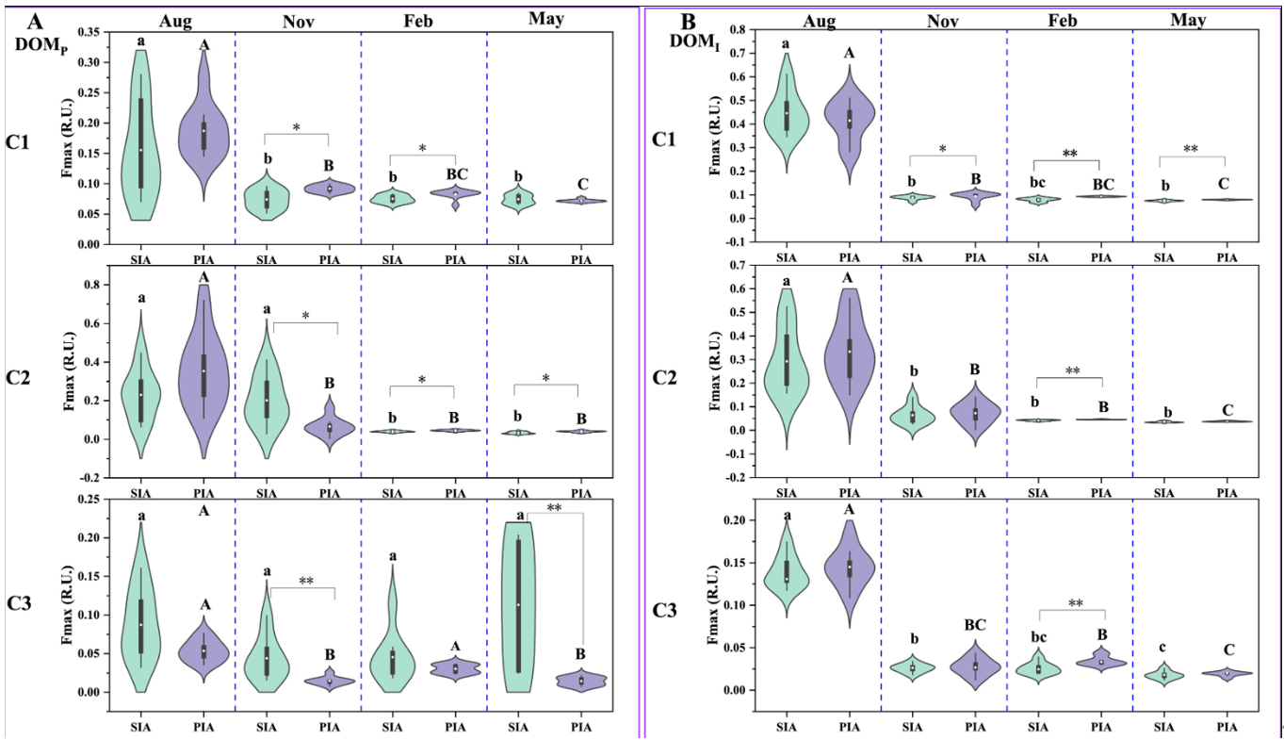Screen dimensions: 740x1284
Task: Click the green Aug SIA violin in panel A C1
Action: (141, 141)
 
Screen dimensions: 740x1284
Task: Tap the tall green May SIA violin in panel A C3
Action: (517, 603)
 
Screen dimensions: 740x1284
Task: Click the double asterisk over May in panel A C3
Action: (555, 508)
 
